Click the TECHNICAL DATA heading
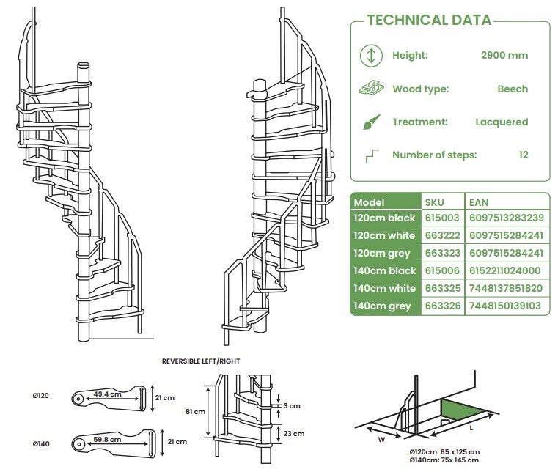point(429,20)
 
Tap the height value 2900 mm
point(504,55)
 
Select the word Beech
point(513,89)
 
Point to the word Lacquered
point(502,122)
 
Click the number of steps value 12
point(524,155)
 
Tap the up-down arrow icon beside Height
point(371,55)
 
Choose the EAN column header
point(479,202)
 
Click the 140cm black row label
point(385,271)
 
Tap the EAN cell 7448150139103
point(504,306)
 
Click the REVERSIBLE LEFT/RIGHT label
point(200,361)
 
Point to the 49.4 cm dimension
point(108,394)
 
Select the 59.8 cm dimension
point(108,440)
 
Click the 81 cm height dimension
point(195,411)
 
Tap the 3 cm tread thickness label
point(293,405)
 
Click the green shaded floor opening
point(458,411)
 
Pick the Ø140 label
point(41,444)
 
